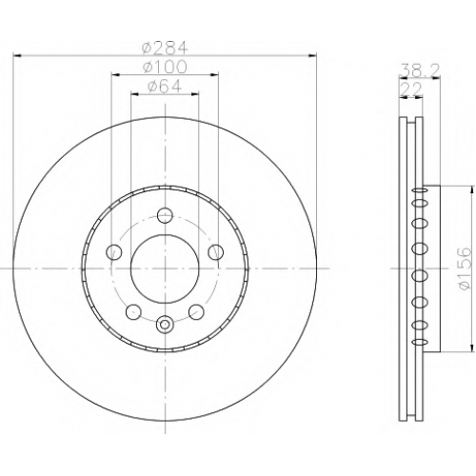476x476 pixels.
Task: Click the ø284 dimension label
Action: [165, 48]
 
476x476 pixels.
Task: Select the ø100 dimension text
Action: [165, 67]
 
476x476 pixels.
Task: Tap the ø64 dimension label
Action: [165, 87]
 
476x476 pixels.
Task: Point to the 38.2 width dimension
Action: [420, 70]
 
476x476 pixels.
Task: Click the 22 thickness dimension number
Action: [411, 89]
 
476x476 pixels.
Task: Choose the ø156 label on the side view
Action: [464, 268]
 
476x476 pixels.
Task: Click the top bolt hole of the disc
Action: [165, 215]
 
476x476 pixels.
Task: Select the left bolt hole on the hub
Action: [113, 252]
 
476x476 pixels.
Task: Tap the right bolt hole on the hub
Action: [216, 252]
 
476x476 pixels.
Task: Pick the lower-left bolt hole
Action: [133, 311]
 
